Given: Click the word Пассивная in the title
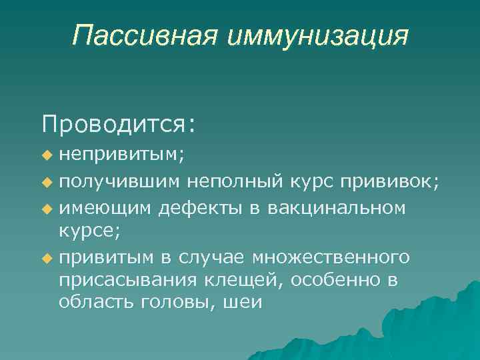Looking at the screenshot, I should click(145, 36).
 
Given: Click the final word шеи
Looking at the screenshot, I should click(244, 302).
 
